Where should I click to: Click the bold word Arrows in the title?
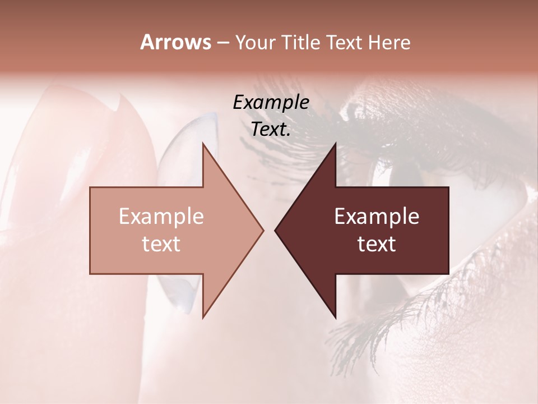click(175, 42)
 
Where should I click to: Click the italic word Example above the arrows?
click(271, 103)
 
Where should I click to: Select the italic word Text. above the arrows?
click(271, 129)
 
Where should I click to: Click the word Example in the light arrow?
click(161, 217)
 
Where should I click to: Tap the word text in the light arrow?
click(161, 244)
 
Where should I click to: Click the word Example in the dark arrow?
click(377, 217)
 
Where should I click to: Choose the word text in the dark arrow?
click(377, 244)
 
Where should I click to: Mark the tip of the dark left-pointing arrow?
click(276, 230)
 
